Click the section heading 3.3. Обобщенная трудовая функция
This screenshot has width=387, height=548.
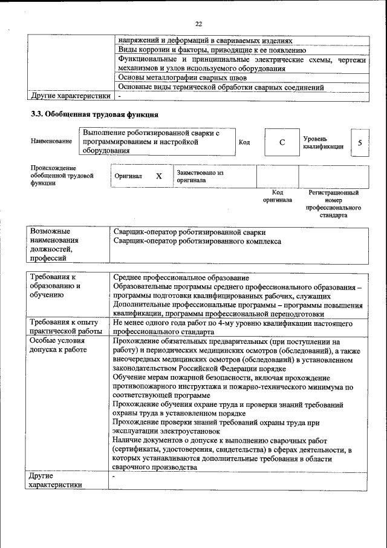94,114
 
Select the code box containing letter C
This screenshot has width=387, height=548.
282,142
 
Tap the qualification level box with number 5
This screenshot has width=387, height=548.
360,142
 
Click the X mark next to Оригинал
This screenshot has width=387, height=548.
159,176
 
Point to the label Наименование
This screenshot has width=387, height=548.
51,141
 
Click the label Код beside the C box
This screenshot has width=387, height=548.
244,142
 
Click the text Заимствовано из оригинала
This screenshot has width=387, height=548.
200,176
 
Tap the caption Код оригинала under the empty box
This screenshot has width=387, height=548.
277,196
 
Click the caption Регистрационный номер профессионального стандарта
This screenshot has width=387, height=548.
333,203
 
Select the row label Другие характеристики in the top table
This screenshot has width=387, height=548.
71,96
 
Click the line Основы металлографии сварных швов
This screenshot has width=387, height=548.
182,78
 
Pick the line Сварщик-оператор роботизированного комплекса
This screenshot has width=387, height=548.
197,241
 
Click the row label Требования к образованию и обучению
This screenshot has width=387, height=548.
56,286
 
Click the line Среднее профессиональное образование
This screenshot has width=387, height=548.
181,277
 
